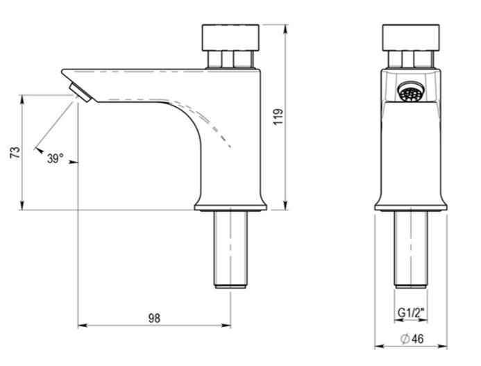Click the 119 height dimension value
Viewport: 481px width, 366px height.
click(x=278, y=116)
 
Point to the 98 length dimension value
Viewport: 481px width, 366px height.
click(x=154, y=317)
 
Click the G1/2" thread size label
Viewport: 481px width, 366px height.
click(x=410, y=313)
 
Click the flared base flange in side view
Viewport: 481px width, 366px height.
click(x=230, y=204)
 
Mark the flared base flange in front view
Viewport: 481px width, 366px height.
click(x=411, y=204)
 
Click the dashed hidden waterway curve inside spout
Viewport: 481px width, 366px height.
click(x=208, y=122)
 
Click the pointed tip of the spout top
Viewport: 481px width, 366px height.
click(x=63, y=70)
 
